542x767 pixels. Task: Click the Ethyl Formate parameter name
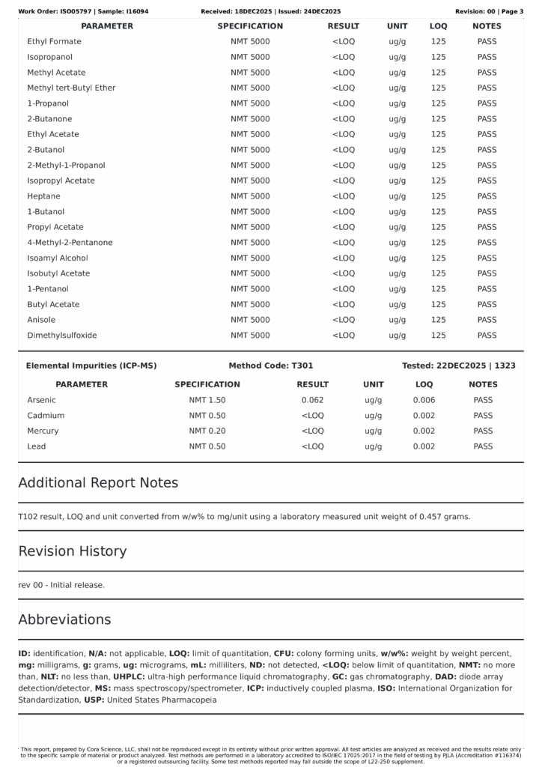pyautogui.click(x=54, y=42)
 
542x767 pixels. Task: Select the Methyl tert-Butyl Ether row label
pyautogui.click(x=71, y=88)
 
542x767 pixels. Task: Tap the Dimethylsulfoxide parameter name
pyautogui.click(x=62, y=336)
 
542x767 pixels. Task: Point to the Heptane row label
pyautogui.click(x=43, y=196)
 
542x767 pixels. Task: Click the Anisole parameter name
pyautogui.click(x=42, y=320)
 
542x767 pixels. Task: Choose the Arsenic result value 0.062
pyautogui.click(x=312, y=400)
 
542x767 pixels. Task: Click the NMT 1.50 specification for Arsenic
pyautogui.click(x=207, y=400)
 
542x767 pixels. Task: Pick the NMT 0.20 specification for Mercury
pyautogui.click(x=207, y=431)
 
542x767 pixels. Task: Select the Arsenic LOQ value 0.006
pyautogui.click(x=424, y=400)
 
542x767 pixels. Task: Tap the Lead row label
pyautogui.click(x=37, y=446)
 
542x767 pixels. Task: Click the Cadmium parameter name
pyautogui.click(x=46, y=416)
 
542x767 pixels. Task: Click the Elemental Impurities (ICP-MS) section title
pyautogui.click(x=91, y=366)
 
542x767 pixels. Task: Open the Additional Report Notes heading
pyautogui.click(x=98, y=483)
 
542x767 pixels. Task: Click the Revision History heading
pyautogui.click(x=73, y=551)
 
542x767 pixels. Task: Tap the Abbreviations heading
pyautogui.click(x=64, y=620)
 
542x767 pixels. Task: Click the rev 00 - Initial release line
pyautogui.click(x=61, y=585)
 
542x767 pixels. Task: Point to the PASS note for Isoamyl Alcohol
pyautogui.click(x=487, y=258)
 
